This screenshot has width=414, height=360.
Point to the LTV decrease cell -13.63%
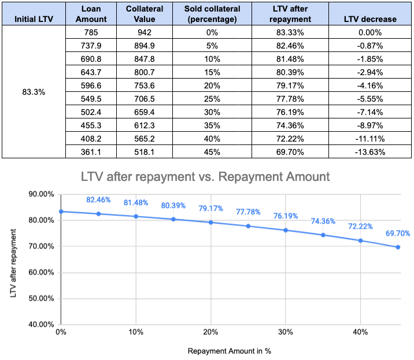370,153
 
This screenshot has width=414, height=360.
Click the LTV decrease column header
370,19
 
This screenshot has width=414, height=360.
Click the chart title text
206,176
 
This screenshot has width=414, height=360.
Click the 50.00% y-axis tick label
42,299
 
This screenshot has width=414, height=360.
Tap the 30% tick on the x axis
284,332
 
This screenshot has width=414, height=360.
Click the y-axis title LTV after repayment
13,259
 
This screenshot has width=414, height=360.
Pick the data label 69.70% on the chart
398,234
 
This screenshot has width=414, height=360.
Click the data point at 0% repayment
60,211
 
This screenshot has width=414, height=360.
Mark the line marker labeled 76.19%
285,230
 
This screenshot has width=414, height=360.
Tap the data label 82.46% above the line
98,200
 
